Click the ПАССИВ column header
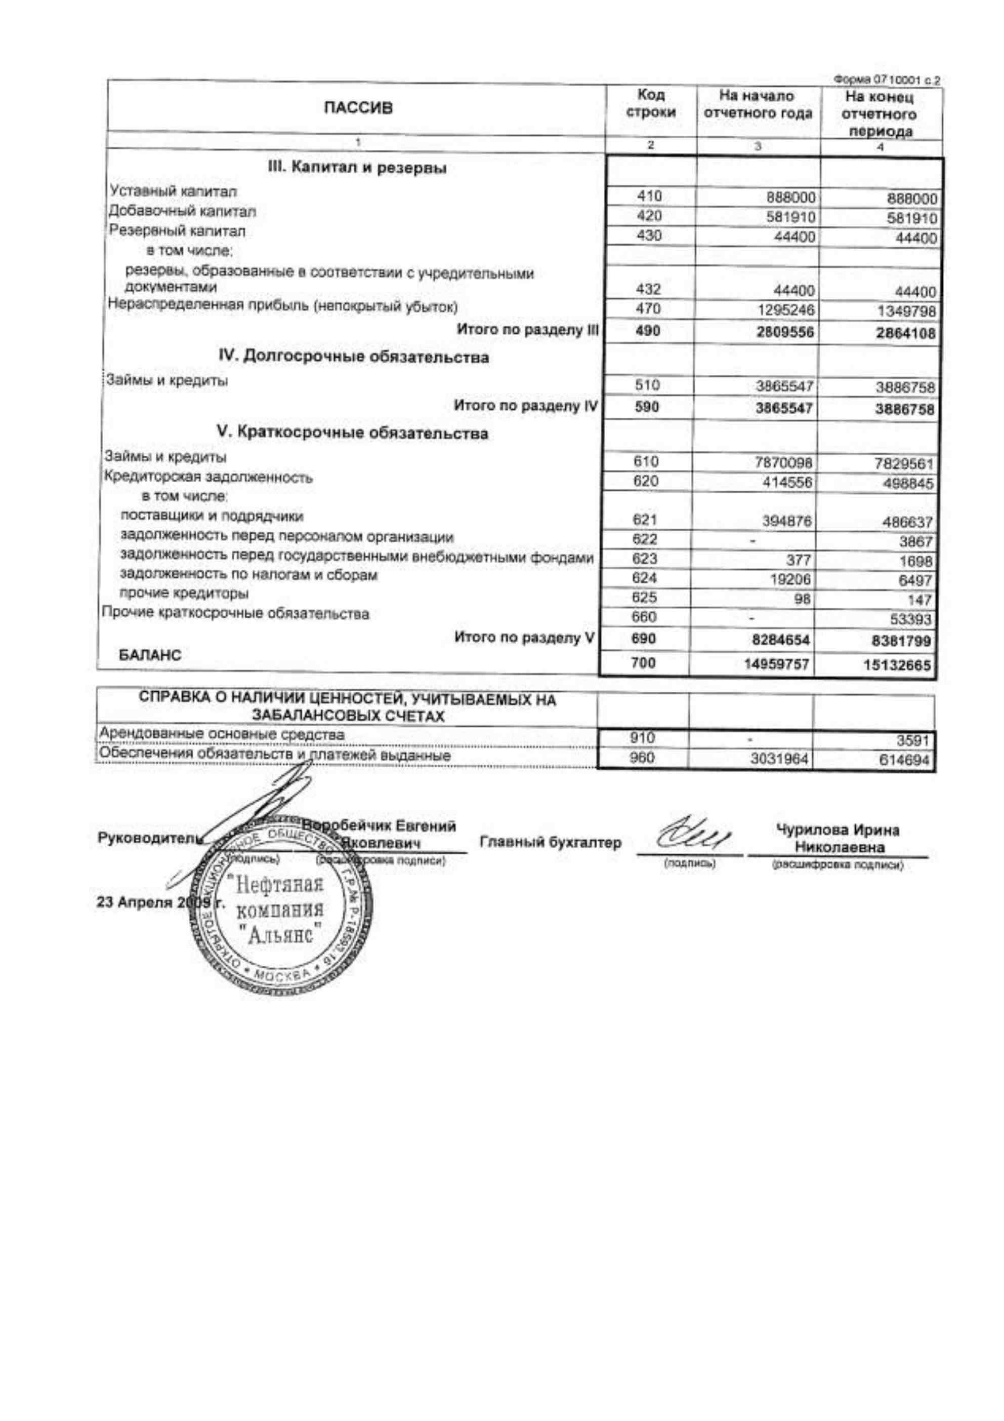click(x=358, y=108)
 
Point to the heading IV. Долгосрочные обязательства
click(x=354, y=357)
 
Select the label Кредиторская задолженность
click(x=208, y=477)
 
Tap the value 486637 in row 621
click(x=907, y=522)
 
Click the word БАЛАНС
click(x=150, y=655)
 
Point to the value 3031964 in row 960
click(x=779, y=759)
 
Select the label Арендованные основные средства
click(x=222, y=735)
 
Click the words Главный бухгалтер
click(x=550, y=842)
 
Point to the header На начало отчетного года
click(x=757, y=105)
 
